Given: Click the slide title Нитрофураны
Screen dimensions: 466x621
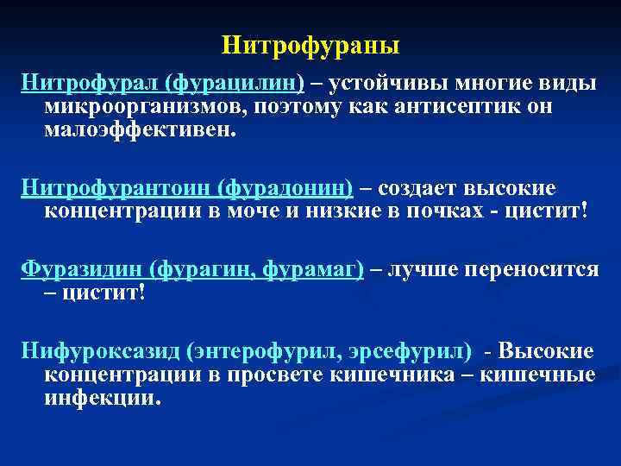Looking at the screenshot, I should [x=310, y=44].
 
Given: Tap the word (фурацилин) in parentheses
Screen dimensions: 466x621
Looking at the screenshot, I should [x=235, y=84].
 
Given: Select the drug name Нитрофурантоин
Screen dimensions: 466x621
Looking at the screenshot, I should [x=116, y=187].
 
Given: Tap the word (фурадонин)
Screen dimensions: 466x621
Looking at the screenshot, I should [x=286, y=187].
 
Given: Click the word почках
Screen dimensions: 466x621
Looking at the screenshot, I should [x=456, y=211].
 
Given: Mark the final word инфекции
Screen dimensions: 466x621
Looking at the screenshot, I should [x=101, y=399].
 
